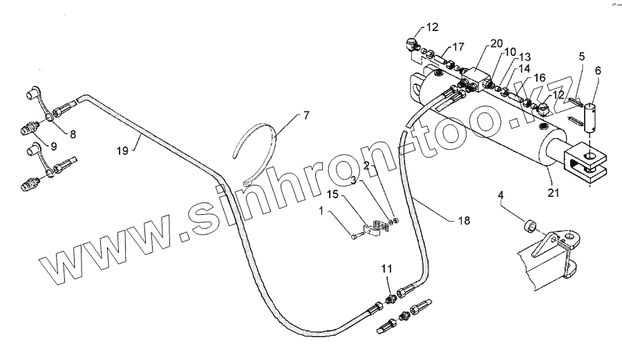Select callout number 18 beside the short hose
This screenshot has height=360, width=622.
(x=464, y=220)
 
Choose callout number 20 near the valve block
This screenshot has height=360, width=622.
(x=496, y=43)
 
